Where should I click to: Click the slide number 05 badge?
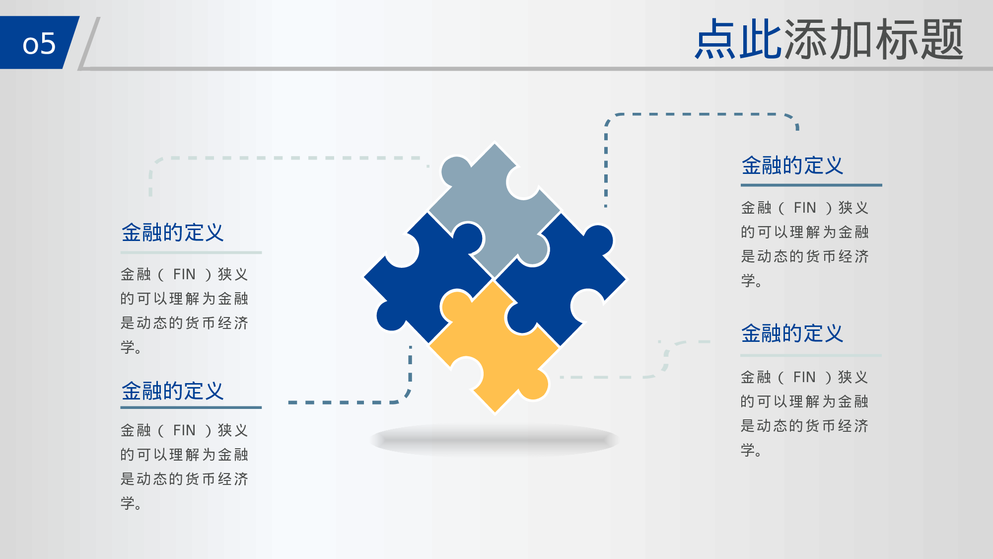39,43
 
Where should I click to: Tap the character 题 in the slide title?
942,40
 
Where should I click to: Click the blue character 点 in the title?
715,40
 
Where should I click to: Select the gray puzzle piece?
492,209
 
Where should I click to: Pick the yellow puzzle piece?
494,348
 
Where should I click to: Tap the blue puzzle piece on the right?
561,278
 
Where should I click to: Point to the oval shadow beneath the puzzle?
494,440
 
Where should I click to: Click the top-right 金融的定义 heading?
792,165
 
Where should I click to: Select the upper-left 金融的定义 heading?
172,233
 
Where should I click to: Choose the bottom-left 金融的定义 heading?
172,391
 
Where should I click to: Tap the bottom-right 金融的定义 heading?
792,333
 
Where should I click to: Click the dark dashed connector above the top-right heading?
695,114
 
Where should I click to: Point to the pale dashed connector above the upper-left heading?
288,158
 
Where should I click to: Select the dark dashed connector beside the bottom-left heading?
348,402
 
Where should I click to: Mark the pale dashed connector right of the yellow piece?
611,377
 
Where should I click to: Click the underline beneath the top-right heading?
811,185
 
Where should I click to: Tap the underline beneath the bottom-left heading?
191,407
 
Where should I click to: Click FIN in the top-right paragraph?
804,208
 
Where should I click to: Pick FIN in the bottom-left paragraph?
184,430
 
